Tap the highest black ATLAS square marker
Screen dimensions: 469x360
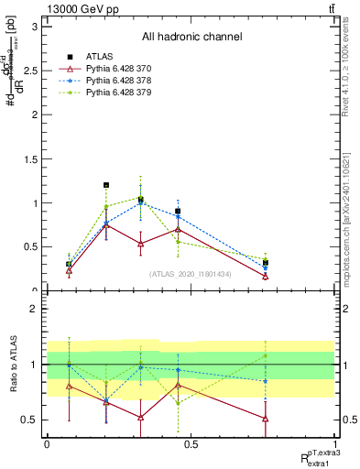pyautogui.click(x=106, y=185)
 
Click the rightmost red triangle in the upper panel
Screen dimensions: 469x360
pyautogui.click(x=265, y=277)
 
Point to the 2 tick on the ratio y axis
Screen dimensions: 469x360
pyautogui.click(x=37, y=310)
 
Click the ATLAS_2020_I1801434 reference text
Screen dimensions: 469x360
pyautogui.click(x=191, y=274)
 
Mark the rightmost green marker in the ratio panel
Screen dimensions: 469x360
pyautogui.click(x=265, y=355)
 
